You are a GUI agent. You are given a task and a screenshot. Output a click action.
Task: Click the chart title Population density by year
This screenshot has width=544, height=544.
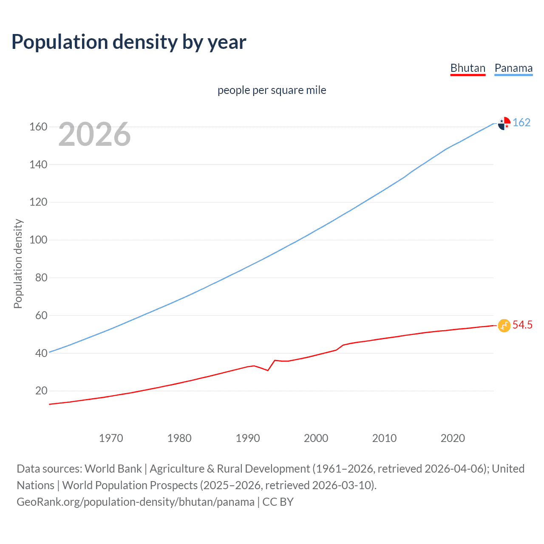(129, 42)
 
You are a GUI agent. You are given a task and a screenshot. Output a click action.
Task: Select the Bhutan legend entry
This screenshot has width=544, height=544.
(467, 68)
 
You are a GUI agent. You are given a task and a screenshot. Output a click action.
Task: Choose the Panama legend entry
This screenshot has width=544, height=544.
(513, 68)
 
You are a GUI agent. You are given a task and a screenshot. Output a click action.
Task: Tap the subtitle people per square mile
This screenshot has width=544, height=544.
(272, 90)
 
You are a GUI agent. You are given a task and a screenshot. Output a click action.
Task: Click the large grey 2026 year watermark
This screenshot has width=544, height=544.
(94, 134)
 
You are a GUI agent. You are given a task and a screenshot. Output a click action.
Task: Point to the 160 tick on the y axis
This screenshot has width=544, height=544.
(38, 127)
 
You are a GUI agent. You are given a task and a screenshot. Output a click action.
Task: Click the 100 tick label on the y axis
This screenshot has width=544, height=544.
(38, 240)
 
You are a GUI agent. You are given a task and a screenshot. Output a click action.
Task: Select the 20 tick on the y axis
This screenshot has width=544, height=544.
(41, 391)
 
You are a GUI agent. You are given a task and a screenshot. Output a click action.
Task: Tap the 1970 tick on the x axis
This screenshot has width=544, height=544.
(111, 438)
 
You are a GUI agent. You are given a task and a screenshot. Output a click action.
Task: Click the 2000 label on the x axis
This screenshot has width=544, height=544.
(316, 438)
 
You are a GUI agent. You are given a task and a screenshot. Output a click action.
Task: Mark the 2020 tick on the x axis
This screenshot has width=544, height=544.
(453, 438)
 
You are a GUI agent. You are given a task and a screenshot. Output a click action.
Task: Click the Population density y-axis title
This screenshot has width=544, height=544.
(18, 263)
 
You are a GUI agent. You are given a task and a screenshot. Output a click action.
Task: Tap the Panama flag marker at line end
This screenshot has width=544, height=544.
(504, 123)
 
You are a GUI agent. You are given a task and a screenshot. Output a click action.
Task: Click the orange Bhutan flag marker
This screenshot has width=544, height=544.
(504, 326)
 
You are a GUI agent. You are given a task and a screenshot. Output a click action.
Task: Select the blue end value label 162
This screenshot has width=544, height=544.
(521, 122)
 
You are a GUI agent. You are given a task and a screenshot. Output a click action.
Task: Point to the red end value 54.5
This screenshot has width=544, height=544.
(522, 325)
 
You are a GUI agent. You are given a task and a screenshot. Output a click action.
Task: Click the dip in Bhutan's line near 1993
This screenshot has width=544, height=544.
(268, 370)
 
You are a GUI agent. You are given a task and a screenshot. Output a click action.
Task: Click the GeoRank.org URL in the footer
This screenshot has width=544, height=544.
(136, 502)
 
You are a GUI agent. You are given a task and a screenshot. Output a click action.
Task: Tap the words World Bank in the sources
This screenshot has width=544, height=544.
(113, 469)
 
